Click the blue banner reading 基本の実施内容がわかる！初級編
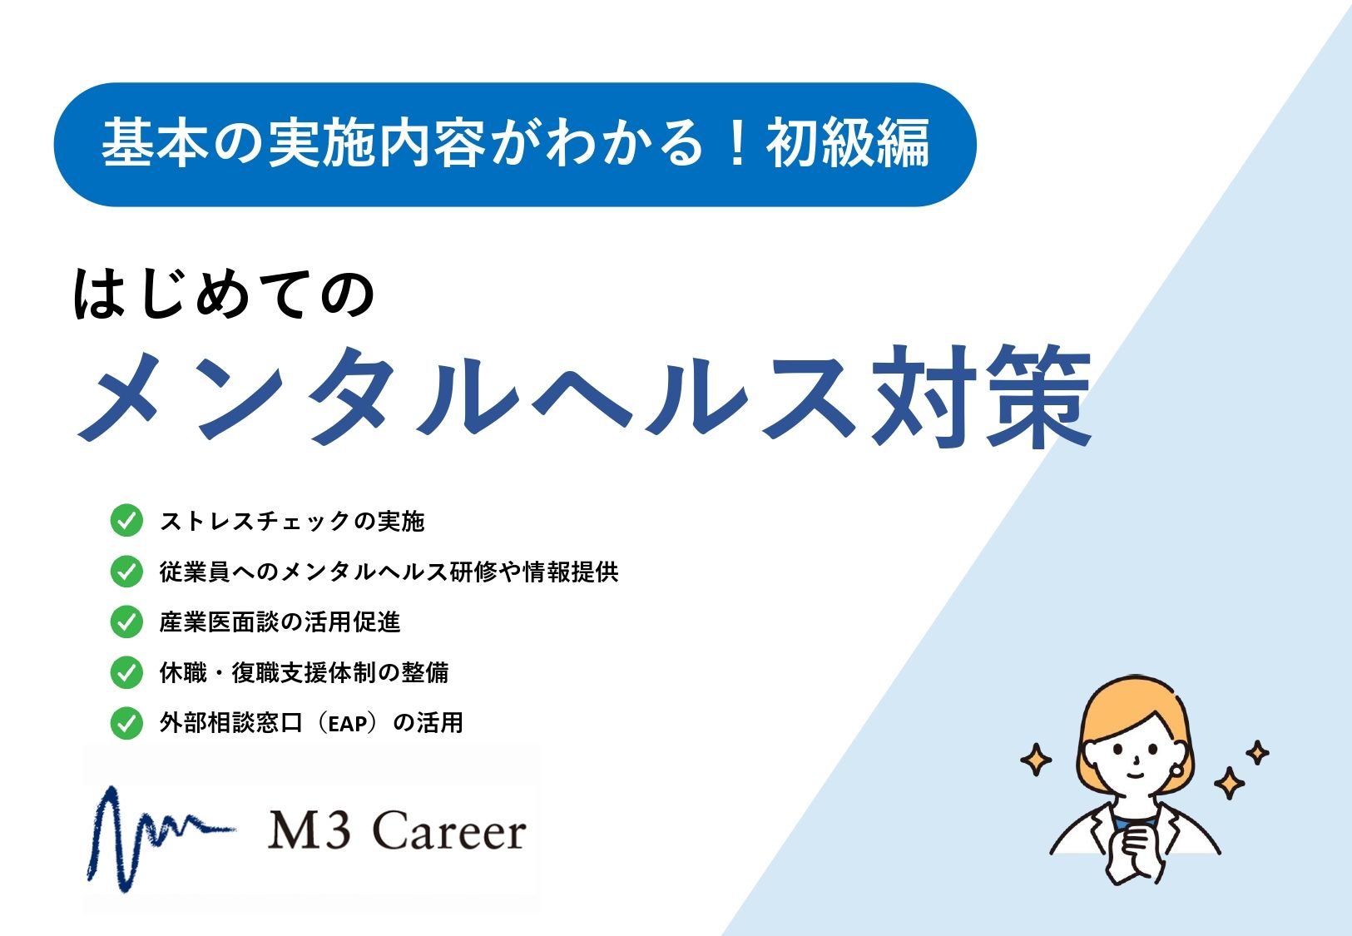(x=515, y=144)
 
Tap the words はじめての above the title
(x=224, y=294)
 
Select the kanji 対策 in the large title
(x=982, y=396)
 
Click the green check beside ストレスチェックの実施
(x=126, y=520)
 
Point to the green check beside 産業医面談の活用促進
(x=126, y=622)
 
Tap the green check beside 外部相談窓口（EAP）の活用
(x=126, y=723)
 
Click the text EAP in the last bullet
(x=349, y=723)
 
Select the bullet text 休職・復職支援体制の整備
(x=305, y=672)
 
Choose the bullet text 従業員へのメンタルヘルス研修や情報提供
(x=389, y=572)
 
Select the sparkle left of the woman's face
(x=1036, y=760)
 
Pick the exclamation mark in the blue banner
(x=735, y=143)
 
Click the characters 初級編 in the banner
(x=848, y=143)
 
